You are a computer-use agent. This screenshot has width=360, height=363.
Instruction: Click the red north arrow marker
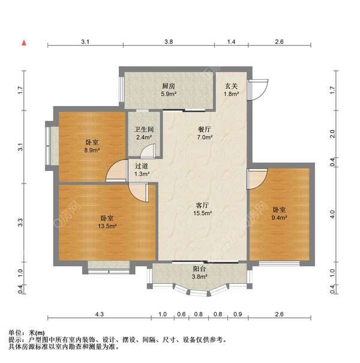tap(24, 43)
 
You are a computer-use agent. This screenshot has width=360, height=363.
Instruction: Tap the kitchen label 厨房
tap(169, 86)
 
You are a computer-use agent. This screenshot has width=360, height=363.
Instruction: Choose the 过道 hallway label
tap(141, 165)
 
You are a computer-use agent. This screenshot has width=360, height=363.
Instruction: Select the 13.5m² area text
tap(108, 226)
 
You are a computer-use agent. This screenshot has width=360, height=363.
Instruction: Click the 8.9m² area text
tap(92, 151)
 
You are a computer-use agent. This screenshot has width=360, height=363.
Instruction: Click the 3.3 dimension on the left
tap(20, 222)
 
